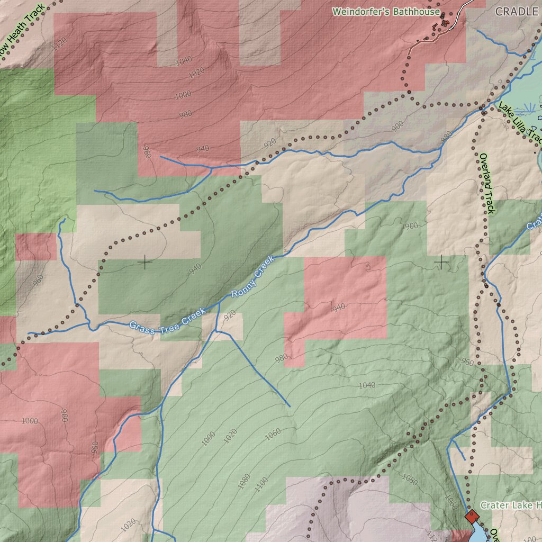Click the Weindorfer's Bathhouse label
[x=386, y=11]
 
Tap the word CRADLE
[x=517, y=11]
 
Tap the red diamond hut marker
[x=472, y=517]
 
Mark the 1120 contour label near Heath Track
[x=60, y=44]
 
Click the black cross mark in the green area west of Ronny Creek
[x=144, y=261]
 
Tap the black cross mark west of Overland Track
[x=441, y=261]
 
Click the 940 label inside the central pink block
[x=338, y=307]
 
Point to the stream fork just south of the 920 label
[x=216, y=331]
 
